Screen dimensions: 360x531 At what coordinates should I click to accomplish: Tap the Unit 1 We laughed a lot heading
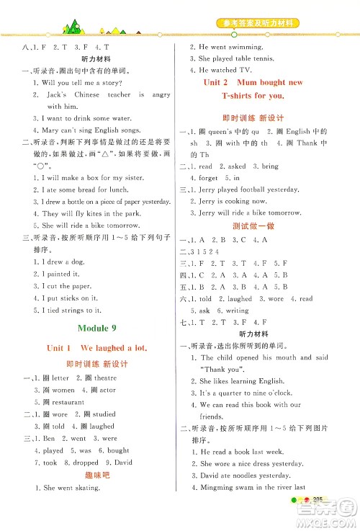pyautogui.click(x=97, y=348)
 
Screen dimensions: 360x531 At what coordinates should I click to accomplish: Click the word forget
pyautogui.click(x=209, y=177)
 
